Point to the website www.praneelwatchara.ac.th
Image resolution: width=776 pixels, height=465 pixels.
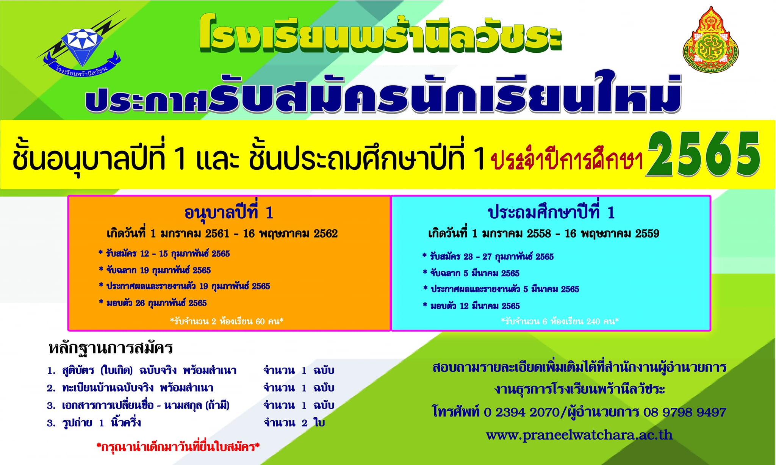pos(579,435)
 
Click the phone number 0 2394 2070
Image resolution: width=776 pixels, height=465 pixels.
pos(521,412)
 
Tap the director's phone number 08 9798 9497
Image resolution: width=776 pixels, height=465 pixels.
pos(684,412)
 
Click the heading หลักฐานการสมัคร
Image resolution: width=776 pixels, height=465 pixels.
pos(111,348)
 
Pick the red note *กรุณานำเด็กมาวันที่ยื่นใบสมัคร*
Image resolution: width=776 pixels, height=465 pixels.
pos(178,447)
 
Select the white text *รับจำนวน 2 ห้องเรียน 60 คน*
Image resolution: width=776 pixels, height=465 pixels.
pos(227,321)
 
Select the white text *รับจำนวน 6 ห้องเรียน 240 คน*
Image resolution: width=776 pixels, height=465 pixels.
pos(560,321)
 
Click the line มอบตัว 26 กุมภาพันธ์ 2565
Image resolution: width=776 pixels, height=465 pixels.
pos(153,302)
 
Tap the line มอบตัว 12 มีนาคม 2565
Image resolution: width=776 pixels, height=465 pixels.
pos(471,305)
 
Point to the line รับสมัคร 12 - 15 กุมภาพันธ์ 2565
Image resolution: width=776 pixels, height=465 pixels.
pos(164,254)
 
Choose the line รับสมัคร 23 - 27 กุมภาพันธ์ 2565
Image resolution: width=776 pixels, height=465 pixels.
pos(488,257)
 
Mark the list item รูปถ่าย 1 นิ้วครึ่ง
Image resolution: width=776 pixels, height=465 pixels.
pos(94,423)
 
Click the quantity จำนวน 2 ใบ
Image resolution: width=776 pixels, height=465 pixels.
pos(294,423)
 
